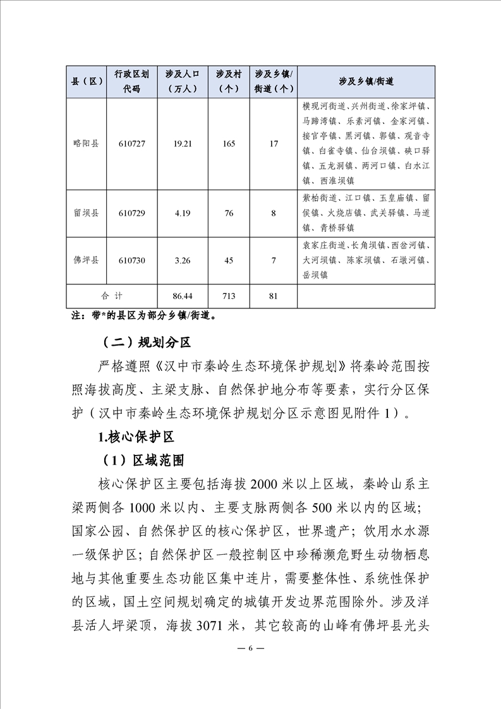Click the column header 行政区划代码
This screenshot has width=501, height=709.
click(x=131, y=82)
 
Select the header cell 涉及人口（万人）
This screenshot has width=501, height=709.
click(x=183, y=82)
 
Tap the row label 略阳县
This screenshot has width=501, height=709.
click(x=86, y=144)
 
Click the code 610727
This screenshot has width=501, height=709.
click(x=131, y=144)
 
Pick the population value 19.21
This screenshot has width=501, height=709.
click(x=183, y=144)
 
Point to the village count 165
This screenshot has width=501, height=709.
click(x=229, y=144)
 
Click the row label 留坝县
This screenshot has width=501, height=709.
click(x=86, y=213)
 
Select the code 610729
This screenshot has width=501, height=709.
click(x=131, y=213)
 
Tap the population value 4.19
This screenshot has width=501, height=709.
click(x=183, y=213)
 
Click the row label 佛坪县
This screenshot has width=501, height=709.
click(x=86, y=260)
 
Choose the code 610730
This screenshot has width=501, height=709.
click(x=131, y=260)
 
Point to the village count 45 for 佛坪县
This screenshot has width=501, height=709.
click(x=229, y=260)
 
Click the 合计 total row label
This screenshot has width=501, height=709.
click(x=112, y=296)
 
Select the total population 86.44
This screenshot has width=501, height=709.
click(x=183, y=296)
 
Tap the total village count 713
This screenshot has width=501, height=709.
click(x=229, y=296)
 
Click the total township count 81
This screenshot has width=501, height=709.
click(x=274, y=296)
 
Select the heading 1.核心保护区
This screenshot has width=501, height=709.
click(x=136, y=437)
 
